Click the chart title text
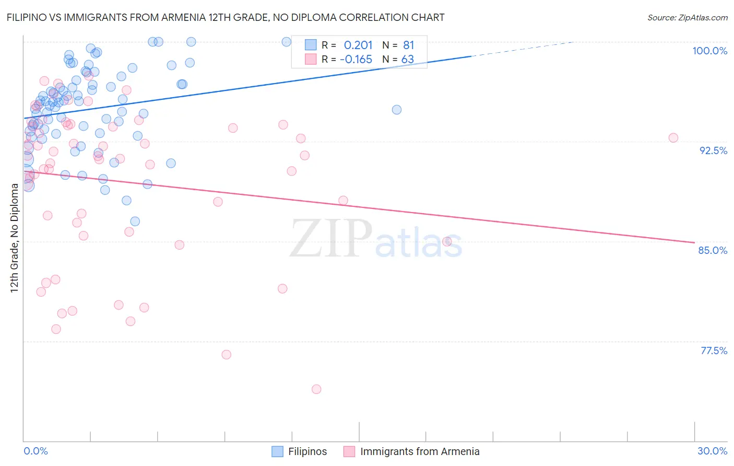coord(226,17)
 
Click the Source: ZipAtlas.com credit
coord(687,17)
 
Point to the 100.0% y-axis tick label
coord(709,51)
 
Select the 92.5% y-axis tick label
coord(713,150)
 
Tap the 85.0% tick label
coord(713,250)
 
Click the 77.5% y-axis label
coord(714,351)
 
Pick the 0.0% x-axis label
coord(35,451)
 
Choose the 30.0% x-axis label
coord(712,451)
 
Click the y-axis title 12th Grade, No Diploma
coord(15,238)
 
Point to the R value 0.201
coord(358,45)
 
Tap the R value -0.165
coord(356,59)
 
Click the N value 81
coord(408,45)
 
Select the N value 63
coord(407,59)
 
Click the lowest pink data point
coord(316,389)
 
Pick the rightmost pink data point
coord(673,138)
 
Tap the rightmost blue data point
coord(397,110)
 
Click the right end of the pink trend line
coord(694,242)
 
